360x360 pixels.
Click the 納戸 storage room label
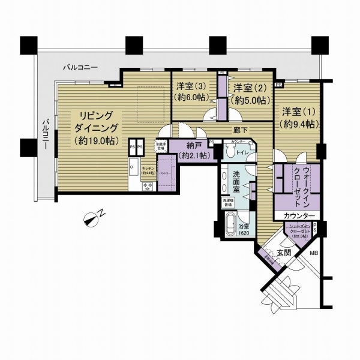pos(189,151)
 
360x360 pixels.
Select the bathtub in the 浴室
pos(228,228)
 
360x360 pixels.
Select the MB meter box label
pos(313,253)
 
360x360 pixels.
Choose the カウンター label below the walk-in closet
pos(298,215)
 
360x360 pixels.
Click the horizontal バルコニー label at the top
pos(80,70)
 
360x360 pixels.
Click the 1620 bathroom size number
pos(242,233)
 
